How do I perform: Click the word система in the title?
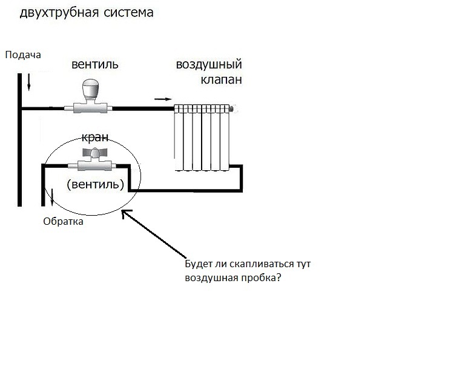point(129,13)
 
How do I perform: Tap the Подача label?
point(23,55)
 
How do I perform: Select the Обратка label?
point(63,221)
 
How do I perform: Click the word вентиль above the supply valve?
point(95,64)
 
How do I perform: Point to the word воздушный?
point(209,65)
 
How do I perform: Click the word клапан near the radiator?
point(222,79)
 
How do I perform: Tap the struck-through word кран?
point(95,137)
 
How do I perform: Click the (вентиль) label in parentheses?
point(95,184)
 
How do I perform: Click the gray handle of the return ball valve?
point(94,153)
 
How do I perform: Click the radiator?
point(202,138)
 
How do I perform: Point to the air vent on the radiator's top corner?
point(232,109)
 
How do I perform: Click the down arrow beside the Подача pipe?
point(29,82)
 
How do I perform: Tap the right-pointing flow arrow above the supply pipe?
point(163,99)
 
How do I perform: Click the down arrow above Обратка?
point(52,197)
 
